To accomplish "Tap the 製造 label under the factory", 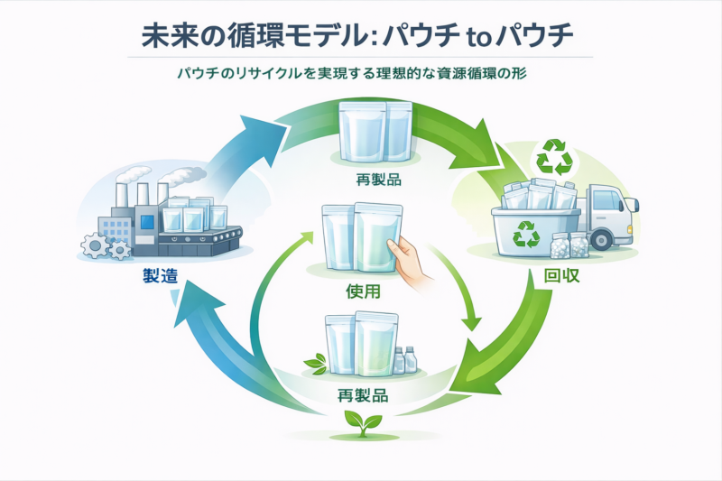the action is [x=160, y=276].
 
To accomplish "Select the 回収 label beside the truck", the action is [x=561, y=275].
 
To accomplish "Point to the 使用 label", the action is [x=364, y=291].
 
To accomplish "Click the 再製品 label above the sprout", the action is [x=363, y=395].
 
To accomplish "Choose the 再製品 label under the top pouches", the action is [x=378, y=179].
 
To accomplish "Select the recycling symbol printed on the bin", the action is [x=526, y=234].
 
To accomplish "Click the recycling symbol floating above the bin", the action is [x=554, y=157].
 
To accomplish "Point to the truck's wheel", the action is [x=602, y=240].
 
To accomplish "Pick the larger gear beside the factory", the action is [x=96, y=245].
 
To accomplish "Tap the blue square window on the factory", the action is [x=147, y=222].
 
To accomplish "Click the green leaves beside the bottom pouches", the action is [x=317, y=363].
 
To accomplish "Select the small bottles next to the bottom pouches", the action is [x=404, y=359].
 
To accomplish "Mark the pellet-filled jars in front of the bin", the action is [x=569, y=245].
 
